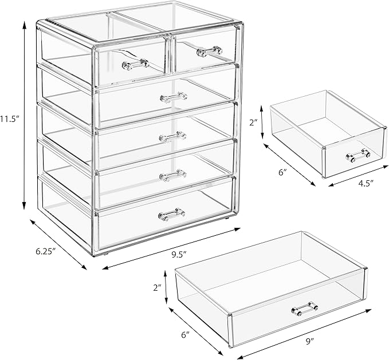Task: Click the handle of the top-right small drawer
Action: point(209,52)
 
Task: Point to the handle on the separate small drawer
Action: point(358,153)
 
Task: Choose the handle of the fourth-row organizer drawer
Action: point(172,173)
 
